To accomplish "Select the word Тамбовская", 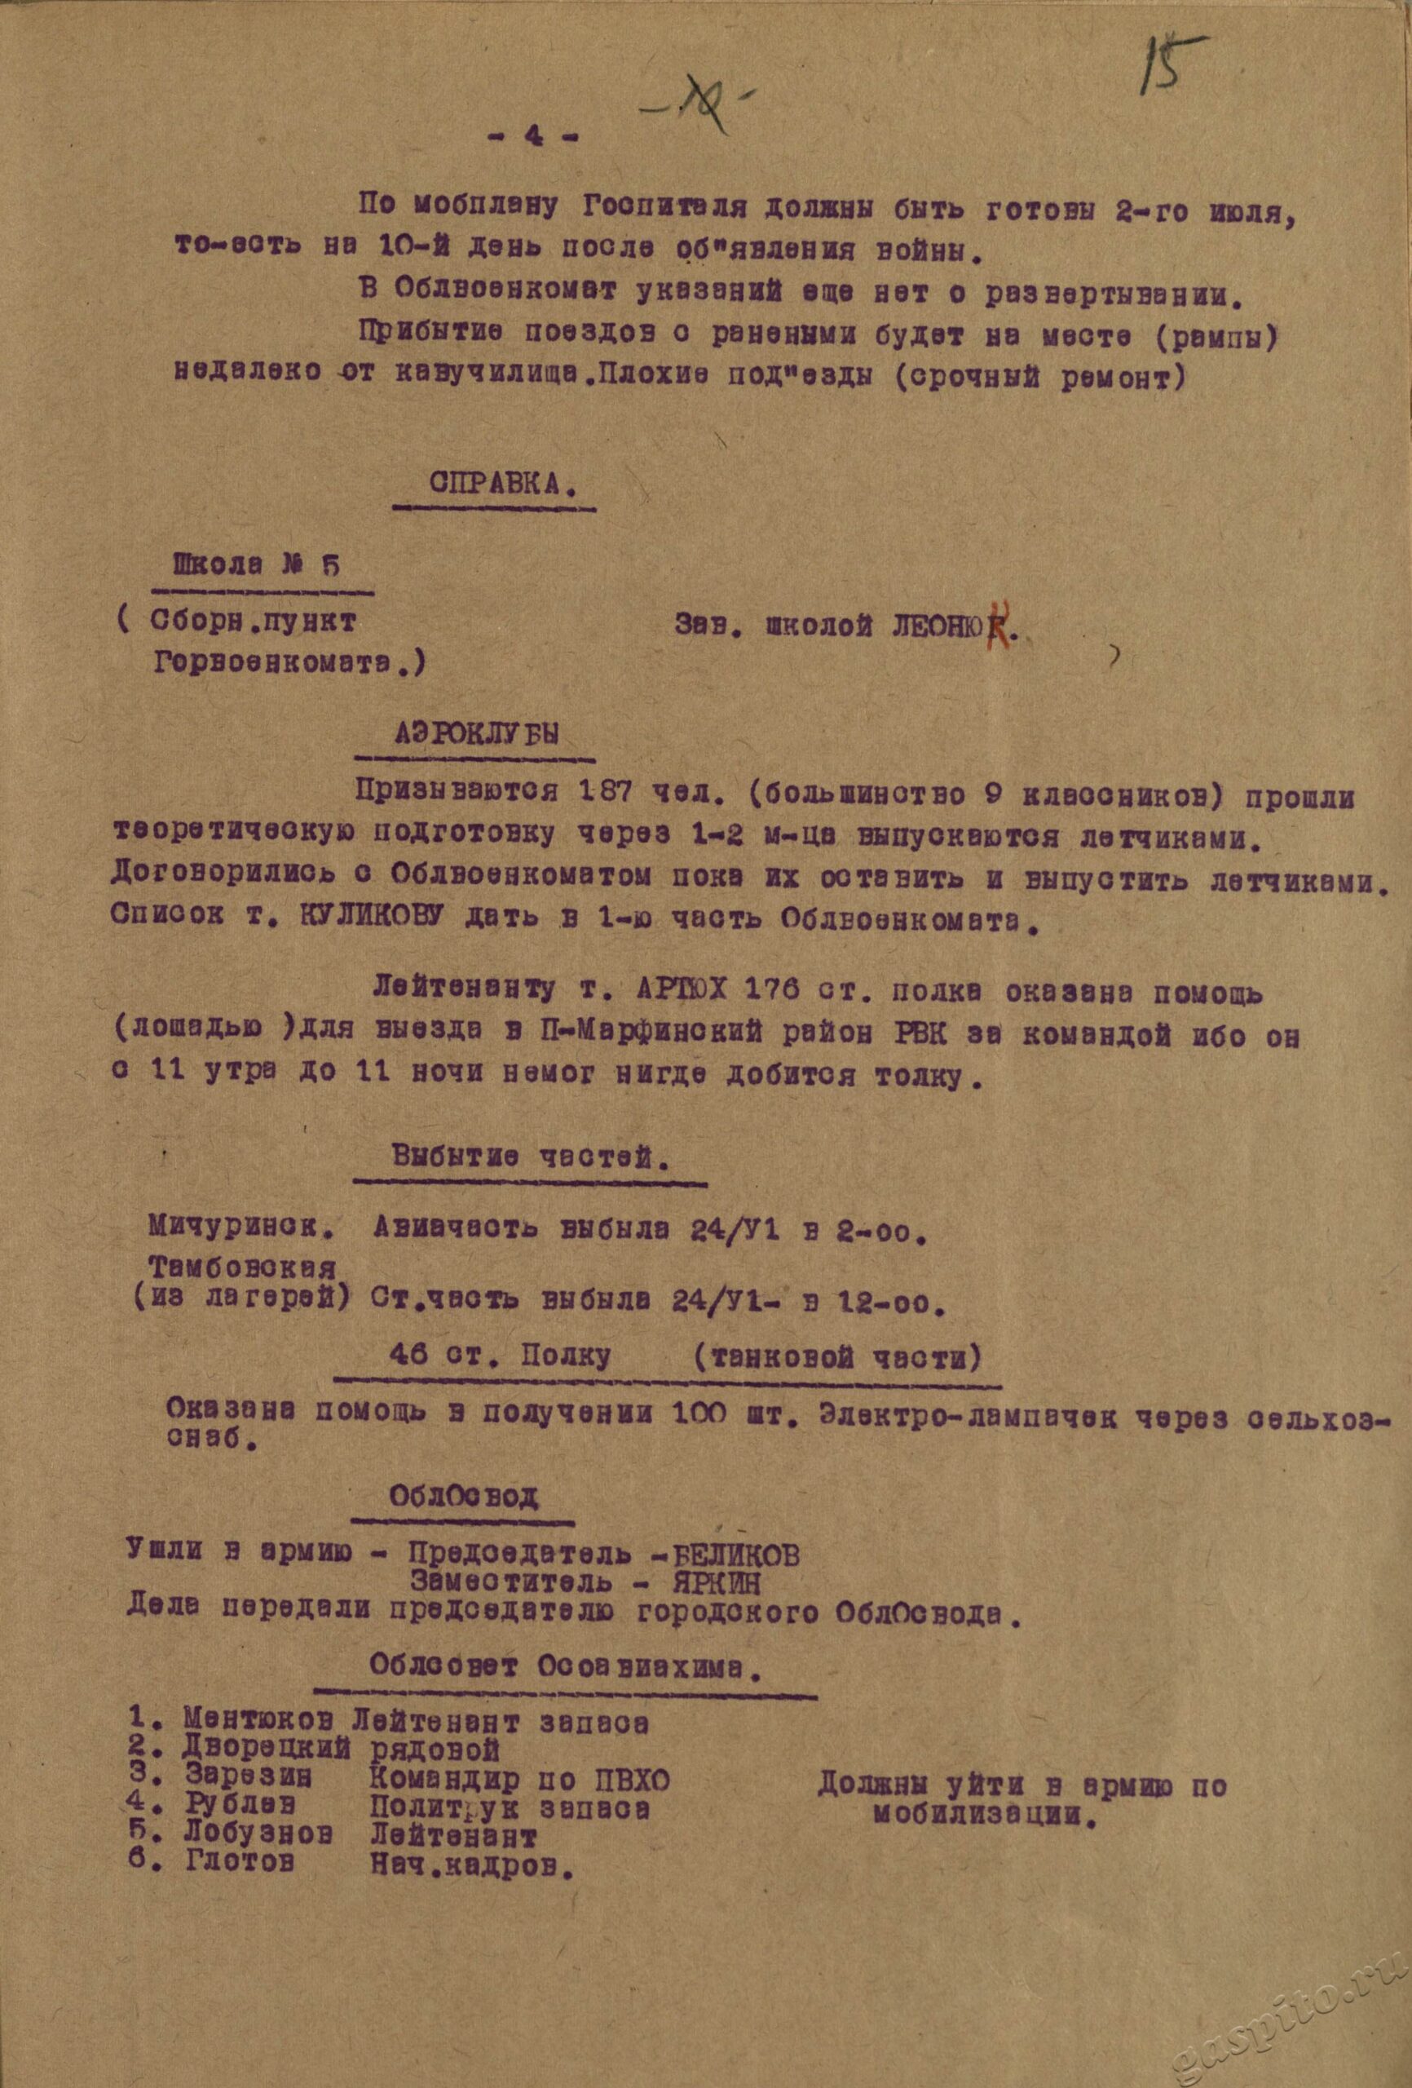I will pos(245,1269).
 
